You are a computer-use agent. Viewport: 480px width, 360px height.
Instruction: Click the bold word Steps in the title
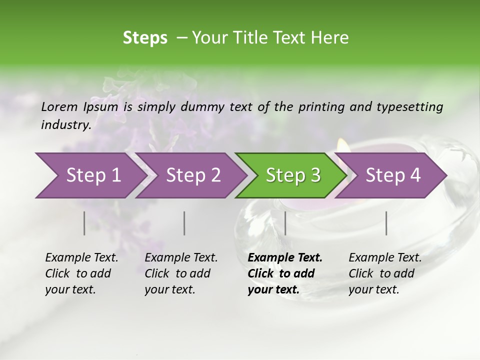[145, 38]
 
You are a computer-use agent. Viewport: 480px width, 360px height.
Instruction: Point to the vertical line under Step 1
[84, 223]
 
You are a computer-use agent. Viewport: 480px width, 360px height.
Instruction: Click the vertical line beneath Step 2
[184, 223]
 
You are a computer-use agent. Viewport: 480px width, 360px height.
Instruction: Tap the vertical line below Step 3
[285, 223]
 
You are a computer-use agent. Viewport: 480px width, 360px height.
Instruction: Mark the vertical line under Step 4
[386, 223]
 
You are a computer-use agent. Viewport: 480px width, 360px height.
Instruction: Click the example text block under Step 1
[81, 273]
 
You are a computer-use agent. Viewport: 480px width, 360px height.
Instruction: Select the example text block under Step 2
[181, 273]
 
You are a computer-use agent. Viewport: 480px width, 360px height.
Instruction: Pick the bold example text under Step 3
[285, 273]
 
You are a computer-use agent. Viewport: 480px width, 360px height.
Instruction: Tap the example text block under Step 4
[385, 273]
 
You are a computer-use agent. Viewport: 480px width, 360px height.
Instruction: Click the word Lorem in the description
[59, 106]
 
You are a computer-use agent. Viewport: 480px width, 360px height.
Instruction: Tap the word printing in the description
[320, 107]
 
